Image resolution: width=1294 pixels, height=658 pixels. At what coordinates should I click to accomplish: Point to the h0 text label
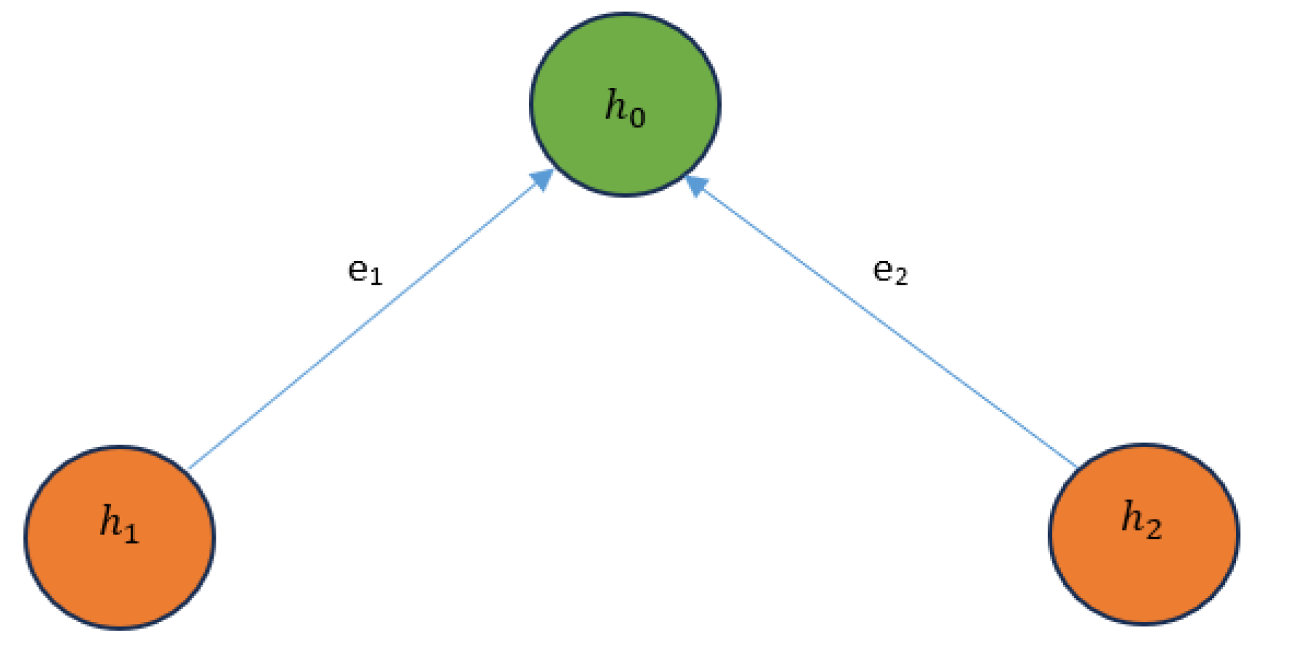[x=625, y=108]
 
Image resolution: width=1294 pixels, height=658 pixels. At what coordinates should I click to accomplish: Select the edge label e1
[x=364, y=271]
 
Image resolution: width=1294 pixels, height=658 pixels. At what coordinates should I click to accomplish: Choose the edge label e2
[x=890, y=271]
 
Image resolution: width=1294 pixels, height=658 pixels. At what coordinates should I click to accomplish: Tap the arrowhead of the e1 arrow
[x=542, y=180]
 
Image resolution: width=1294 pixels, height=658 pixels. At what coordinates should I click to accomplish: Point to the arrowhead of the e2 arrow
[x=697, y=185]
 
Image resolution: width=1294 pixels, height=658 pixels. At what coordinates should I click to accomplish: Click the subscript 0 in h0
[x=637, y=118]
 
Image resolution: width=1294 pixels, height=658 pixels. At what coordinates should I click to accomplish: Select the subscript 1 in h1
[x=130, y=534]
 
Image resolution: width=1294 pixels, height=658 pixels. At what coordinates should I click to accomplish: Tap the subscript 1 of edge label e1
[x=376, y=277]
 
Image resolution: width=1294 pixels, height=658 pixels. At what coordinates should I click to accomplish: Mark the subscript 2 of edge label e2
[x=901, y=277]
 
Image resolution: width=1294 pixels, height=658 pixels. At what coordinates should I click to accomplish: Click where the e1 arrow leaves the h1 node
[x=190, y=468]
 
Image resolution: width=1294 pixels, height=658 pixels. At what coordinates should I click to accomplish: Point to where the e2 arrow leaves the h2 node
[x=1076, y=466]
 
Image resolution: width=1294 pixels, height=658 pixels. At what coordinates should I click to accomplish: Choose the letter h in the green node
[x=615, y=105]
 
